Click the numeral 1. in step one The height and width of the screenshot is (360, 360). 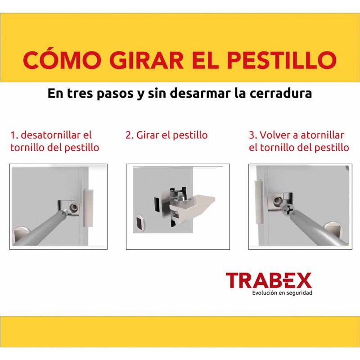(x=14, y=135)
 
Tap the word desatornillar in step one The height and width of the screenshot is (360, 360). (x=50, y=135)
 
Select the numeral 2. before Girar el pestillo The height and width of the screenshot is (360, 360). (x=130, y=135)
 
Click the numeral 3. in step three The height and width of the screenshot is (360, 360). (x=253, y=135)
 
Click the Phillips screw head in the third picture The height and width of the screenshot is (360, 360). (x=289, y=209)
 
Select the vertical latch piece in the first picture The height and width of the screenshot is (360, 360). (x=88, y=207)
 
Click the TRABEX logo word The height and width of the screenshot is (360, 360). (x=269, y=280)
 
